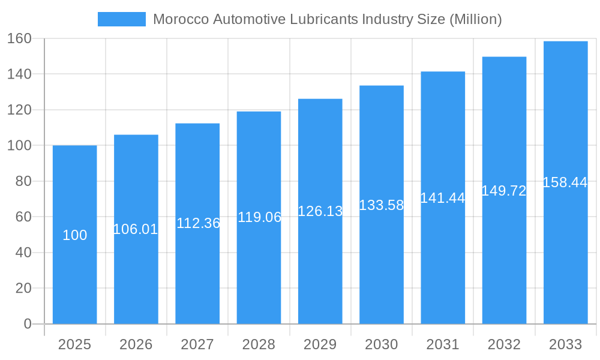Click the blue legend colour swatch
(x=122, y=19)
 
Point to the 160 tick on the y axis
(x=19, y=38)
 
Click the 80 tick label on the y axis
(x=23, y=181)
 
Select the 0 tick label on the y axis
(x=28, y=324)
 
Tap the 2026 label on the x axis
(x=136, y=344)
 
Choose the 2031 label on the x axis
(x=443, y=344)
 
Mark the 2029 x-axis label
(x=320, y=344)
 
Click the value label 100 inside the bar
(x=75, y=235)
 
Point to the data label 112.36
(x=198, y=223)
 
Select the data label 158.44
(x=565, y=182)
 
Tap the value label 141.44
(x=443, y=198)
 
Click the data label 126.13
(x=320, y=211)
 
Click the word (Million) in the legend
(x=475, y=19)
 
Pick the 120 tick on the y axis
(x=19, y=110)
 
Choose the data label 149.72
(x=504, y=191)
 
